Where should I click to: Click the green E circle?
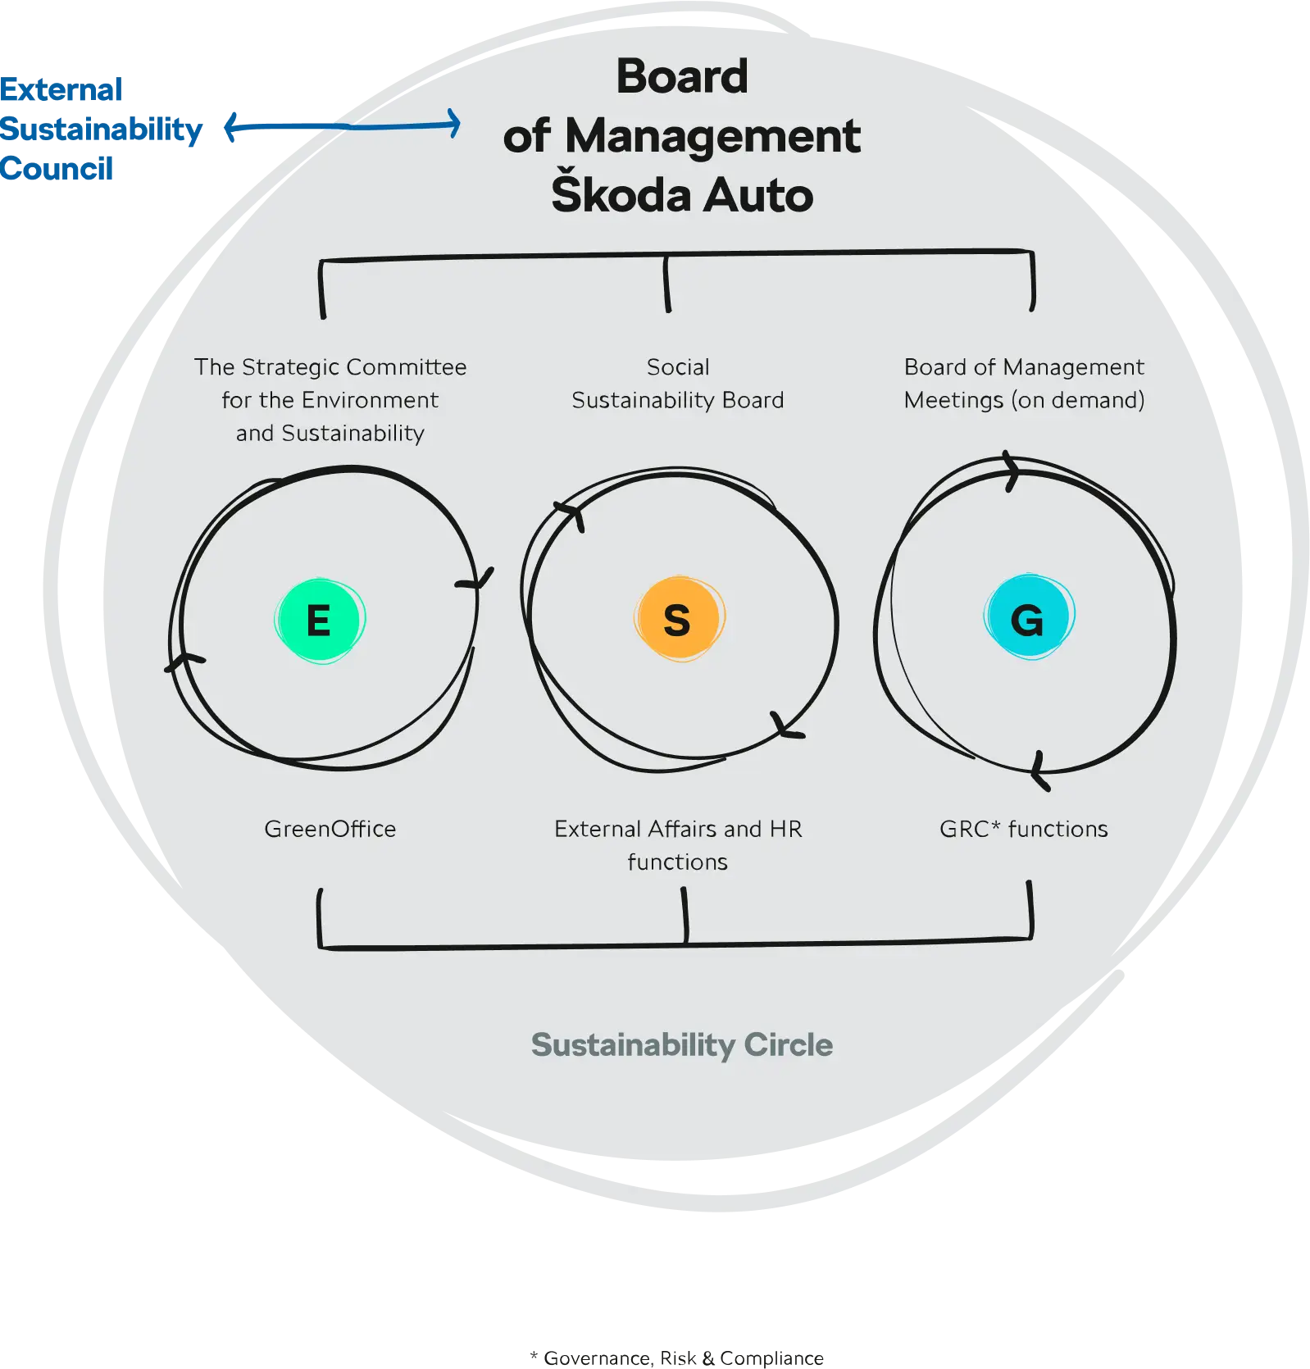[x=320, y=620]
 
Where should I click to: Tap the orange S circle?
[x=678, y=619]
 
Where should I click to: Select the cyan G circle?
[x=1028, y=616]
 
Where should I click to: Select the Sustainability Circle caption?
[x=681, y=1045]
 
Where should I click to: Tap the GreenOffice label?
[x=330, y=829]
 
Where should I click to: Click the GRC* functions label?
[x=1023, y=829]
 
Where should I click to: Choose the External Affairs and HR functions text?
[x=678, y=844]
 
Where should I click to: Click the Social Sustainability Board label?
[x=678, y=384]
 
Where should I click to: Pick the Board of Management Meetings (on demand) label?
[x=1024, y=384]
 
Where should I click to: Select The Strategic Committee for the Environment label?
[x=330, y=399]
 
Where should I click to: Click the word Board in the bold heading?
[x=682, y=77]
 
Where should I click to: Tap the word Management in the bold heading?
[x=712, y=136]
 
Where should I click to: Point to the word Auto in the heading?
[x=758, y=195]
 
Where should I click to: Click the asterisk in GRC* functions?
[x=995, y=825]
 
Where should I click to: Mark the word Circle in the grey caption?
[x=788, y=1045]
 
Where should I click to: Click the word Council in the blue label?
[x=57, y=168]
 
